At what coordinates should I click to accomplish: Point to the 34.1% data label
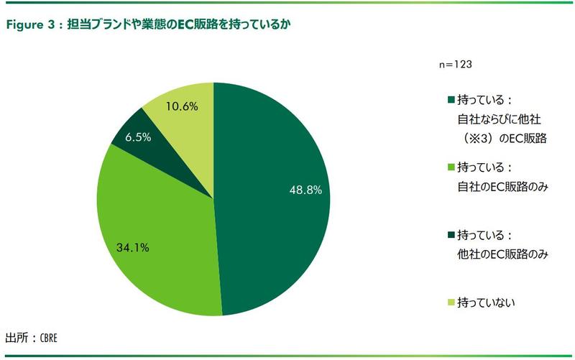pos(132,249)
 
